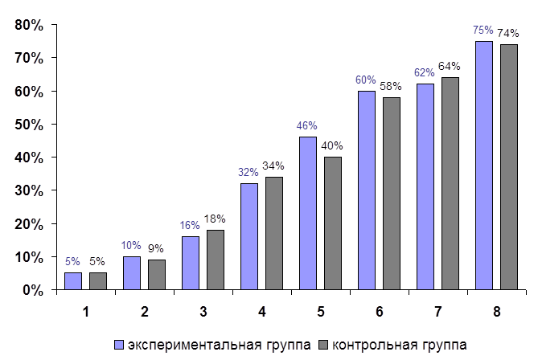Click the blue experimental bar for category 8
coord(483,165)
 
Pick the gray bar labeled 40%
coord(332,223)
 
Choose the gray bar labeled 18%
coord(215,259)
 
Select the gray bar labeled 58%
coord(391,193)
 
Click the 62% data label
coord(425,72)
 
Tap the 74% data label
coord(508,33)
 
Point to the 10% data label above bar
coord(131,245)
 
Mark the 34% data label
coord(273,166)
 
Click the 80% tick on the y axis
coord(29,25)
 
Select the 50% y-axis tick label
coord(29,125)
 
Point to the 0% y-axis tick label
coord(32,289)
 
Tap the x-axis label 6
coord(379,309)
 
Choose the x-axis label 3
coord(203,309)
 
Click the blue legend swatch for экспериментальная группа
coord(119,344)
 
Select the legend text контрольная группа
coord(398,344)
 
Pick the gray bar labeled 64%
coord(450,183)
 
